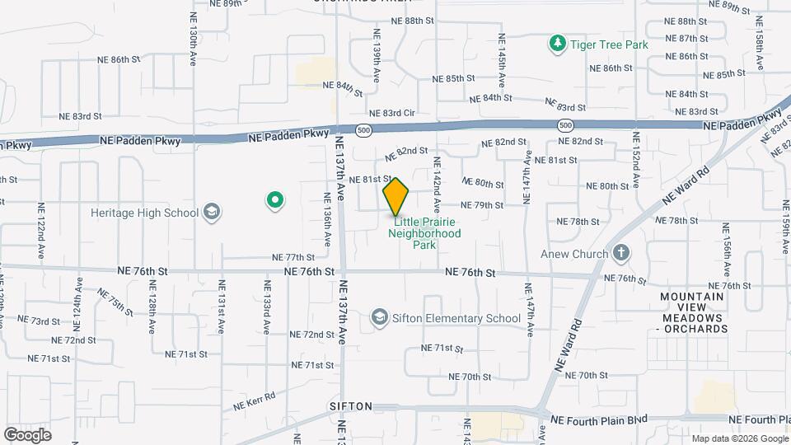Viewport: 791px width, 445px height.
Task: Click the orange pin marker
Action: (x=396, y=197)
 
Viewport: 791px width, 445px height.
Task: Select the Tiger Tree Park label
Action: (x=609, y=44)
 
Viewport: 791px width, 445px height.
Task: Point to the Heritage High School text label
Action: (x=145, y=213)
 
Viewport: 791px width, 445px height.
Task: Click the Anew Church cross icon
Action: (x=621, y=253)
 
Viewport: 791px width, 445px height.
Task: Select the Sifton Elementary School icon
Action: (x=379, y=317)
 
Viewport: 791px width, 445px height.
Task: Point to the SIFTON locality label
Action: (x=352, y=407)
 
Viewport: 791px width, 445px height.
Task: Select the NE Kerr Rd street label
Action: (x=254, y=401)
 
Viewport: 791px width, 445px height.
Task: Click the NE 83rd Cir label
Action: (x=391, y=113)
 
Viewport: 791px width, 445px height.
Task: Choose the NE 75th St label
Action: (x=115, y=302)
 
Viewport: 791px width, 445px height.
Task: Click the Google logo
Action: (x=28, y=434)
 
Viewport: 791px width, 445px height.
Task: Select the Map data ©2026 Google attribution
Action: (x=740, y=438)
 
